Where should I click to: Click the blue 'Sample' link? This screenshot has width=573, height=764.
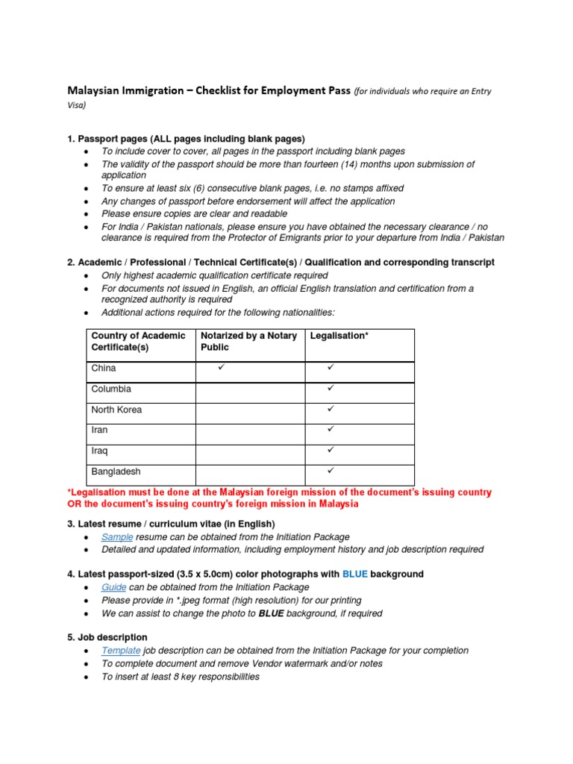coord(117,537)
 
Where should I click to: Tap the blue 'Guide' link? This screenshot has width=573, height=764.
coord(116,587)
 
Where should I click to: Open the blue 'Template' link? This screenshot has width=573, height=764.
coord(121,651)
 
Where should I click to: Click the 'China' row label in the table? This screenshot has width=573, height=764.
coord(104,369)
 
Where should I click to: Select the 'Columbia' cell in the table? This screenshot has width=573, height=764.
coord(111,389)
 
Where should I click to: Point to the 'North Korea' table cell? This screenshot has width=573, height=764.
coord(116,410)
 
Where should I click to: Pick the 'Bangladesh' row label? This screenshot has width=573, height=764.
coord(116,472)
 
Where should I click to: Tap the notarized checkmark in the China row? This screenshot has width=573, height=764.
coord(222,368)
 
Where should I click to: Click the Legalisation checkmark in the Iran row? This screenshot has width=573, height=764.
coord(331,430)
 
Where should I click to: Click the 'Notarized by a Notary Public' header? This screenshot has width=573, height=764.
coord(248,342)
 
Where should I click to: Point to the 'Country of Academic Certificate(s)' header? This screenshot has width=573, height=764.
coord(138,342)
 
